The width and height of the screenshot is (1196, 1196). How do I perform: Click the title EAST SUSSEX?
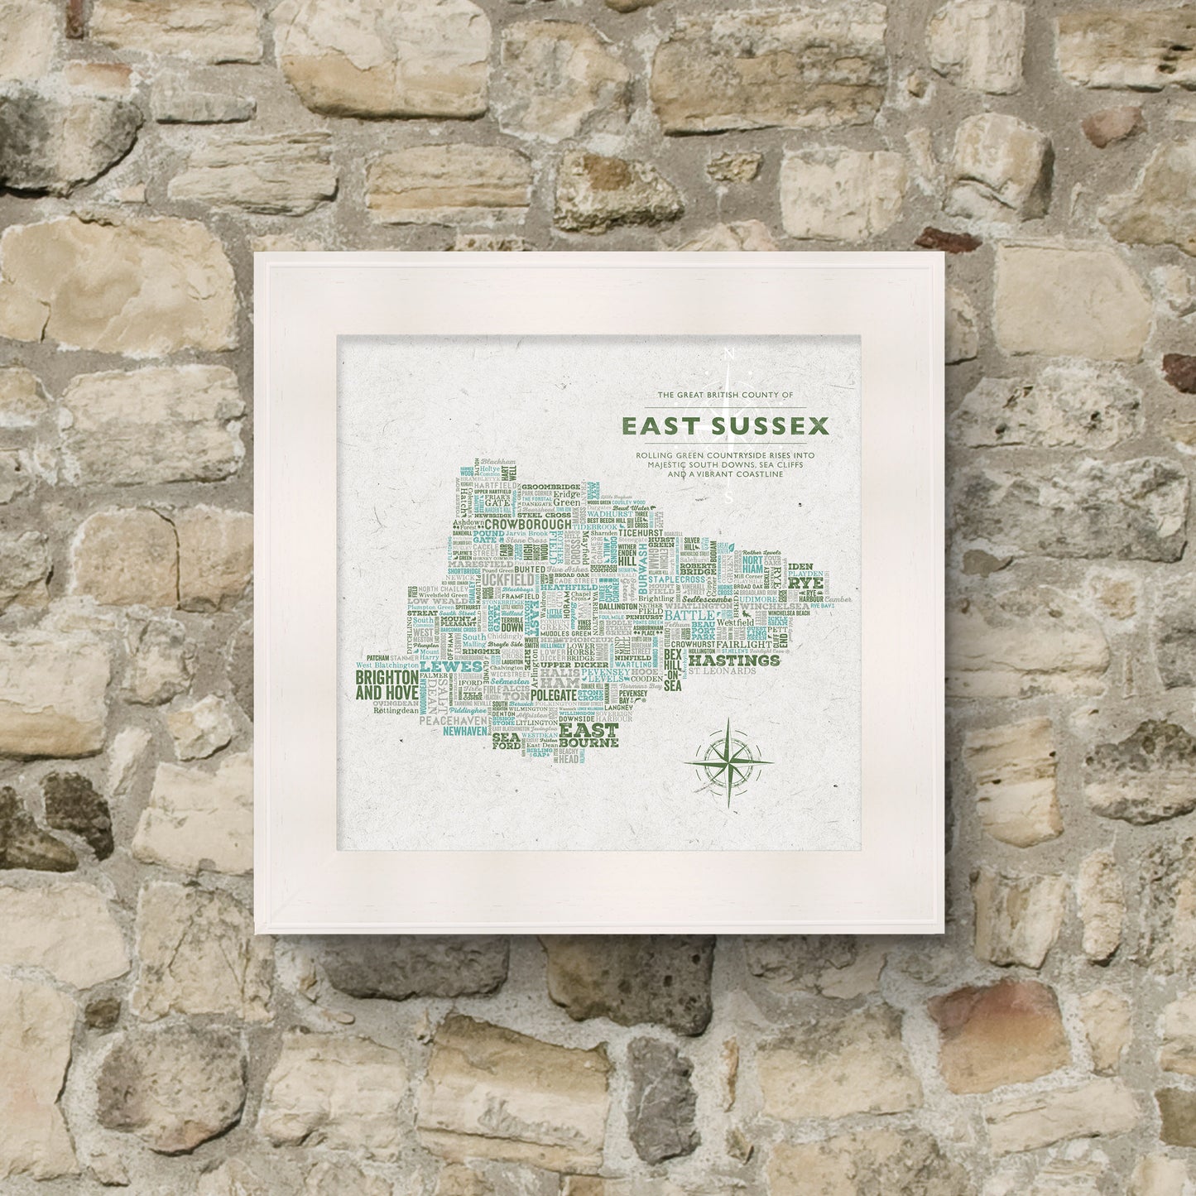(724, 426)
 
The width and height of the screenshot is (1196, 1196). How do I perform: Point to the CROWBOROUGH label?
(527, 524)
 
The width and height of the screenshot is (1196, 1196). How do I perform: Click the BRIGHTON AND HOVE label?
(386, 685)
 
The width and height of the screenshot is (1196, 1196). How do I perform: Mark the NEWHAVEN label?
(470, 732)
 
